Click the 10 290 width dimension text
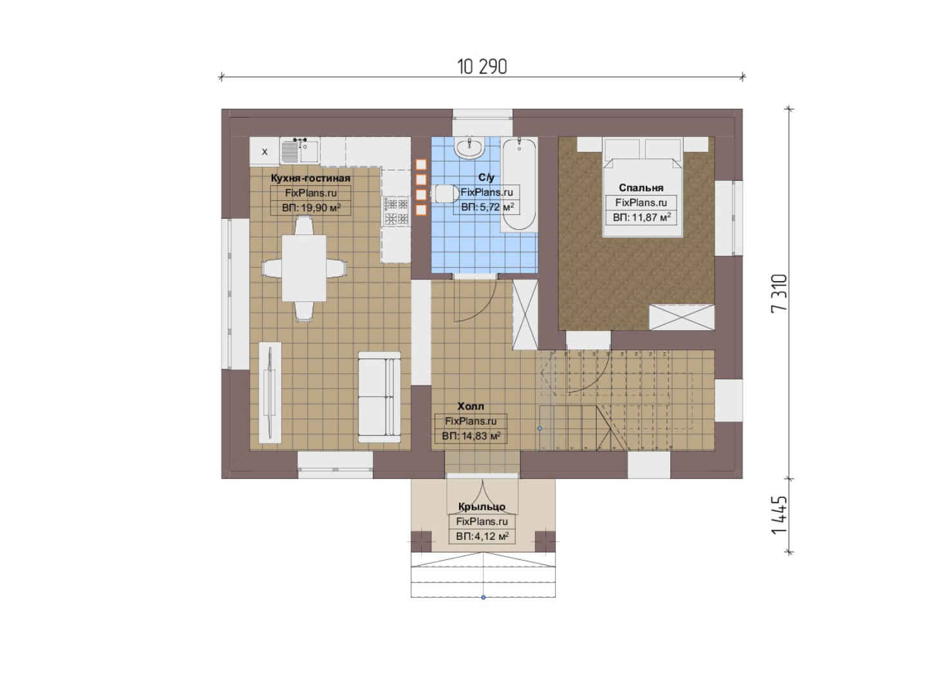pos(482,67)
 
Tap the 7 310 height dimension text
pos(779,293)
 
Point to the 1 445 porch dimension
pos(779,515)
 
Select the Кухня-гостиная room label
pos(310,178)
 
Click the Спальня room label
pos(641,188)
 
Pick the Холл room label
pos(471,407)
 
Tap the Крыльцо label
pos(482,506)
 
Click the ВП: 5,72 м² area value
pos(487,207)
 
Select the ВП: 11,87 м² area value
pos(641,218)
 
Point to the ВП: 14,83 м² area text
pos(471,436)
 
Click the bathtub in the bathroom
pos(519,184)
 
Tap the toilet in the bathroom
pos(445,194)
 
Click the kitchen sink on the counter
pos(299,151)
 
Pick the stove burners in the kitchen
pos(396,210)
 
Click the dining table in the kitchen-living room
pos(304,268)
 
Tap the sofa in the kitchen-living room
pos(379,397)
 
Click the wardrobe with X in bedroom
pos(682,317)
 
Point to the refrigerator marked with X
pos(265,151)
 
